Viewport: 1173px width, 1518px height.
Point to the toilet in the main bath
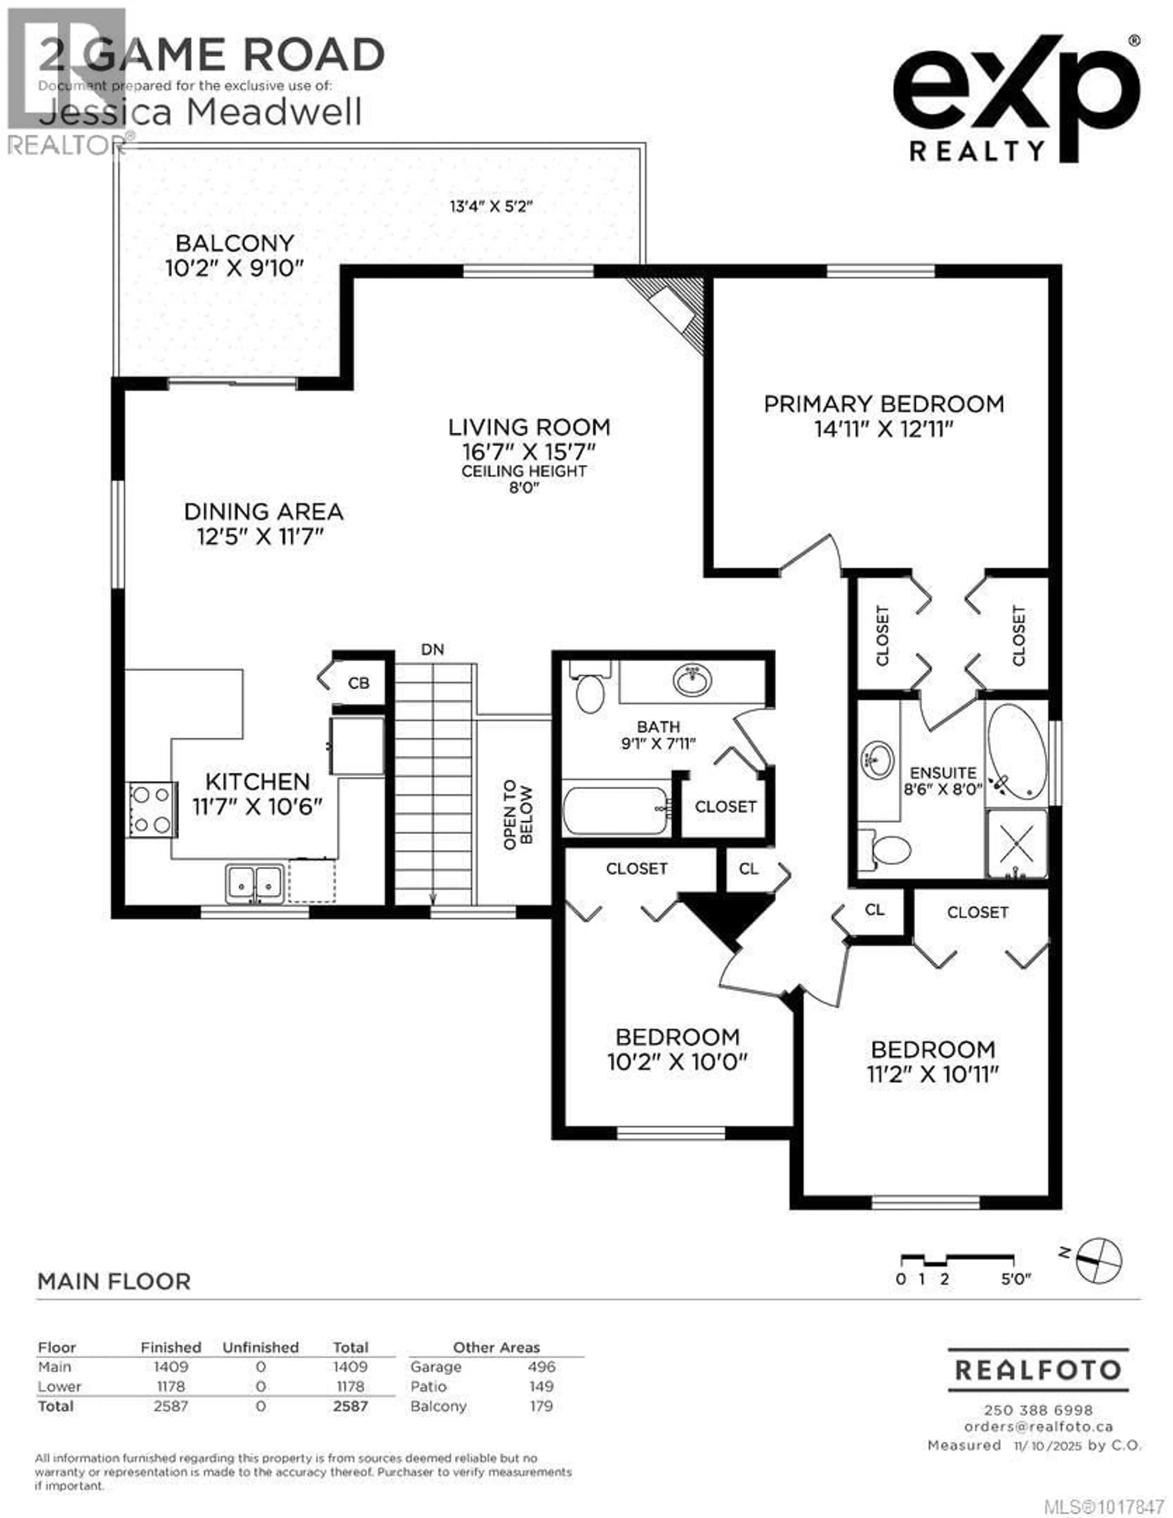(590, 690)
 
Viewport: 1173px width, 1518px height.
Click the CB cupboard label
(359, 683)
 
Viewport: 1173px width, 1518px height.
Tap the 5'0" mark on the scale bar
(1016, 1279)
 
